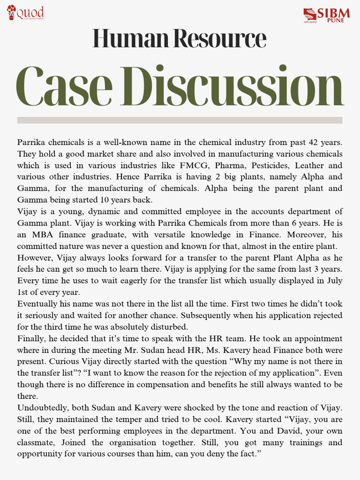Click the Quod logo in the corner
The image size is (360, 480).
(25, 13)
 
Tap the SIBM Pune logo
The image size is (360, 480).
(326, 15)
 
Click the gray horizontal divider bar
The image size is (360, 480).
(180, 120)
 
